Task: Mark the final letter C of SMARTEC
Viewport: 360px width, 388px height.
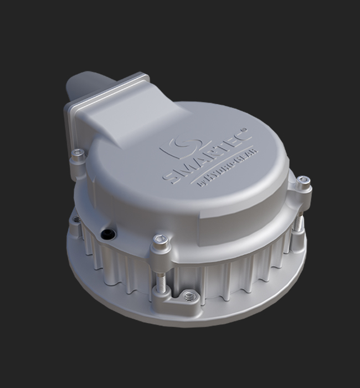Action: (242, 134)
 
